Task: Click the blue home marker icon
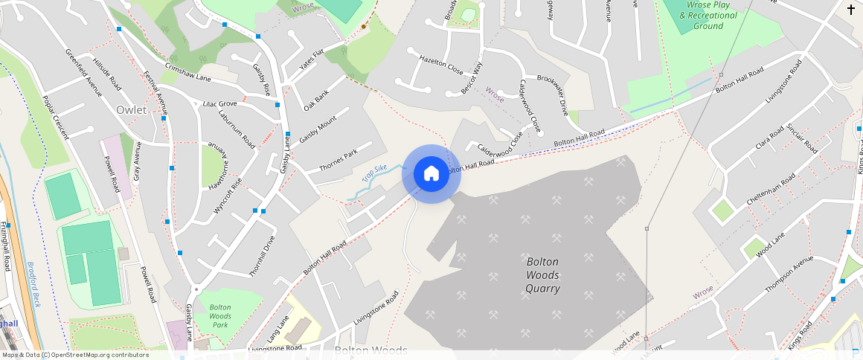pos(431,174)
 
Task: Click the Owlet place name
pos(131,110)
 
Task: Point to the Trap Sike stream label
pos(375,174)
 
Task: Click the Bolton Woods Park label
pos(220,316)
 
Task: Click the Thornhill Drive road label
pos(262,257)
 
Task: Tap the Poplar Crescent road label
pos(55,118)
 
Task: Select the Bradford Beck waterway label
pos(33,286)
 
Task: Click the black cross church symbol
pos(851,10)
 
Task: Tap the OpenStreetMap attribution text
pos(76,355)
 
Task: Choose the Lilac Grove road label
pos(219,104)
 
